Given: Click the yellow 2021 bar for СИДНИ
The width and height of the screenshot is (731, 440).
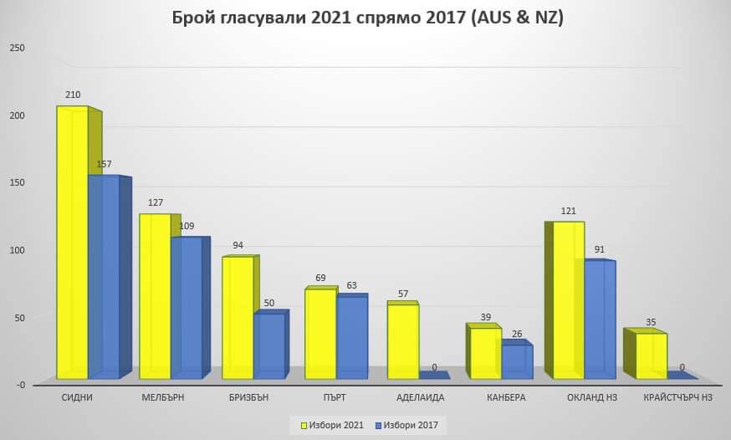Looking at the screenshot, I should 72,243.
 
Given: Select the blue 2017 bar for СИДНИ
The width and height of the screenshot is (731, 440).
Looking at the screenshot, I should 104,276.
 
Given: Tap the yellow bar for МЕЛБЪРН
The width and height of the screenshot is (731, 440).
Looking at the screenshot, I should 155,297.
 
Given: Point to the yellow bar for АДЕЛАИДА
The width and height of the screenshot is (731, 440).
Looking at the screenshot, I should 402,341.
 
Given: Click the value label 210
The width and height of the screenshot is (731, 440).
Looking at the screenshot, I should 72,95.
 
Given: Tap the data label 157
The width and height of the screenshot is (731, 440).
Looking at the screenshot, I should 104,164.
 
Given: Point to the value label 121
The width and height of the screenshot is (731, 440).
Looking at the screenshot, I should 569,211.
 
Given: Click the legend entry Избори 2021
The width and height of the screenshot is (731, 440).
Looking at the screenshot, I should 333,426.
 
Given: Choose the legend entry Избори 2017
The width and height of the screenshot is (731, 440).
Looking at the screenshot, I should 410,426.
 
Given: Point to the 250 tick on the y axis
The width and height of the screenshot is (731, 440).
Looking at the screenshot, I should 18,48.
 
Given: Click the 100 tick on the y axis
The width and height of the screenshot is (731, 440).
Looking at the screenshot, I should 18,249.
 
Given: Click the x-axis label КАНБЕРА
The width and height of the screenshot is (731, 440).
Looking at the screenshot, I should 506,398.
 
